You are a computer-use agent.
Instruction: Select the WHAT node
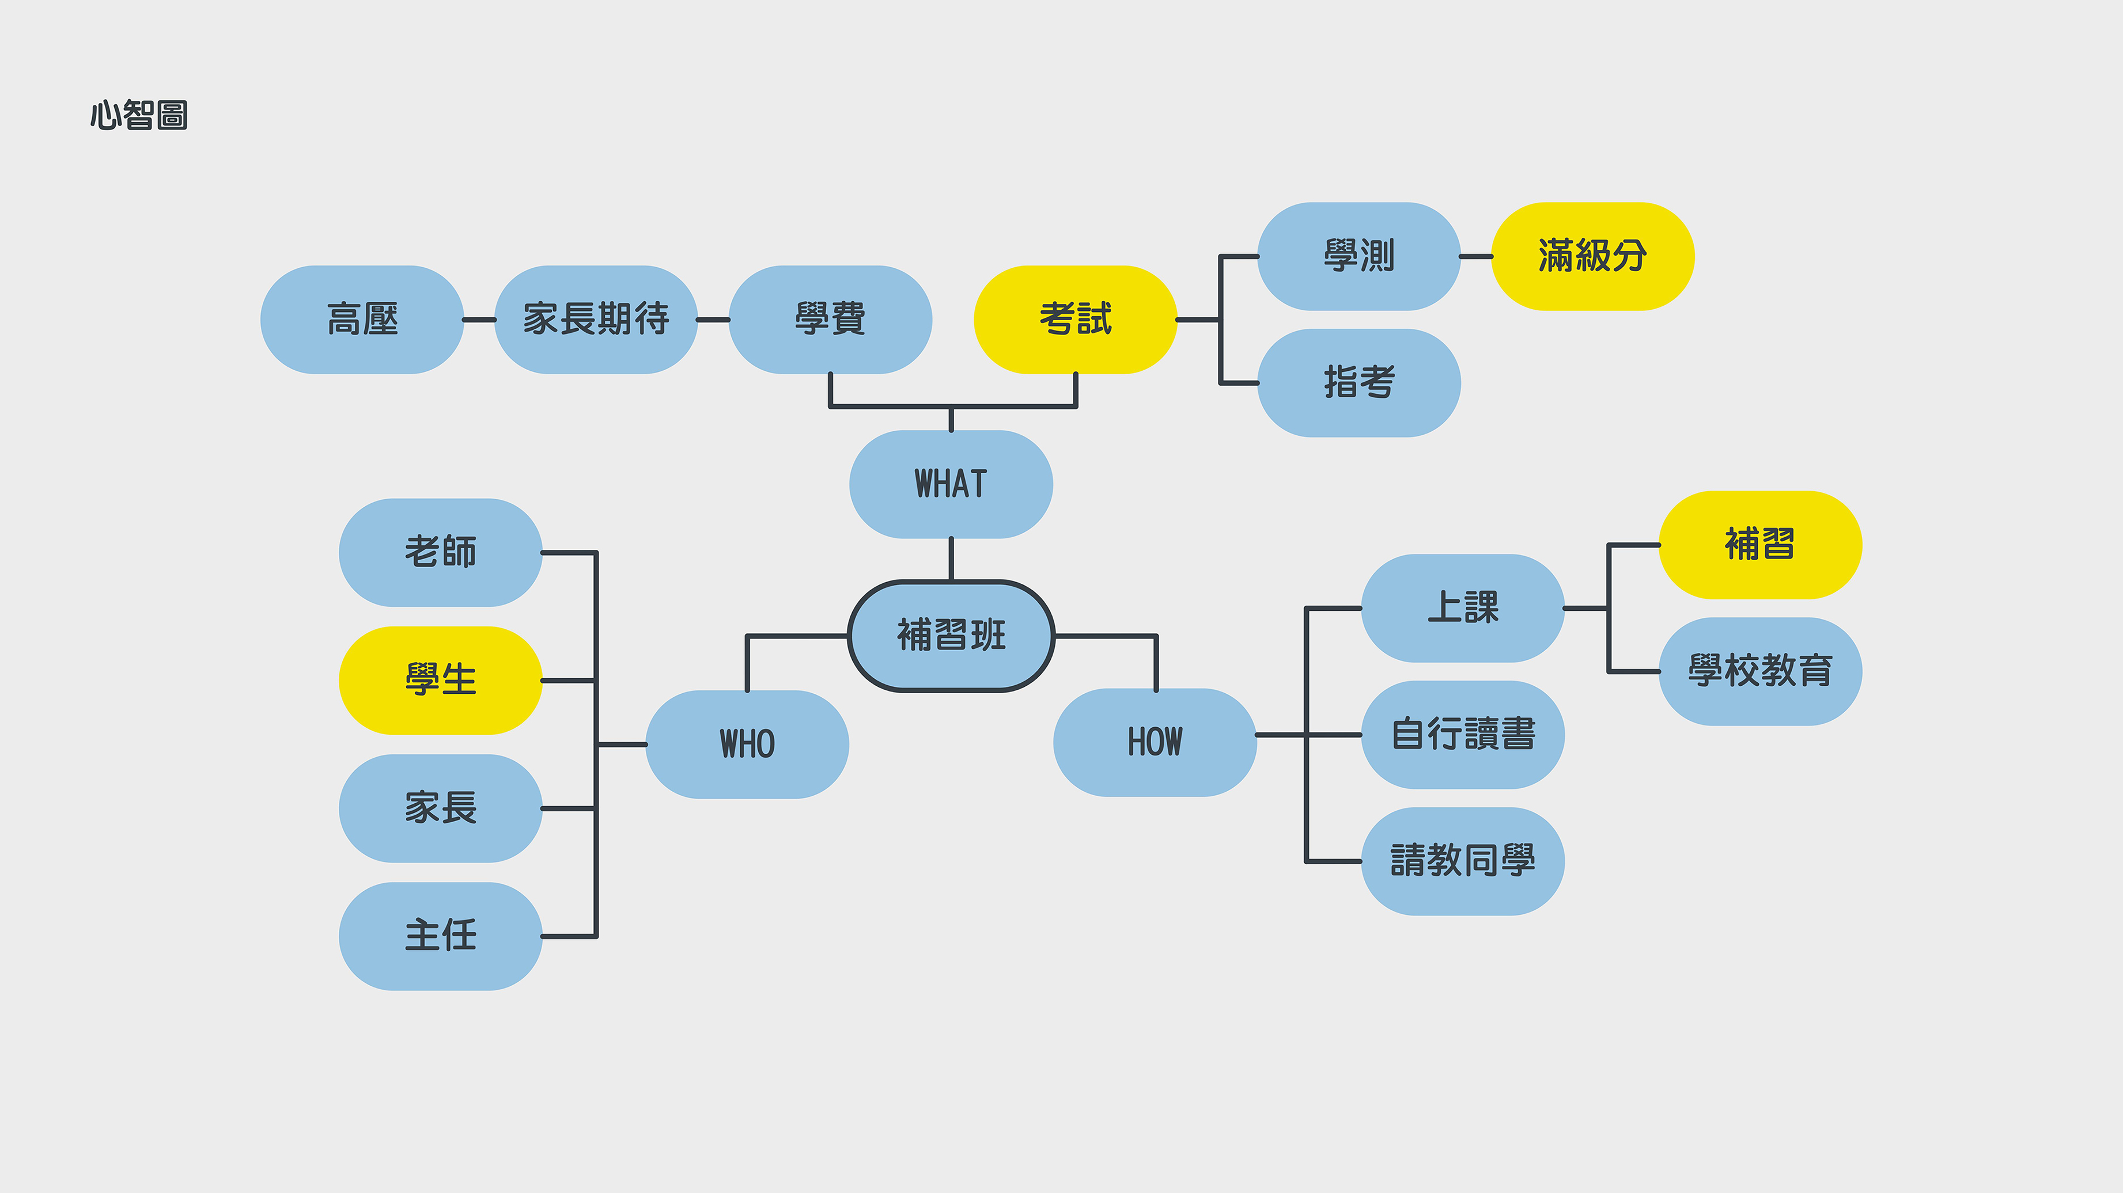[x=951, y=484]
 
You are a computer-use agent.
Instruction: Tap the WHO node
[x=747, y=744]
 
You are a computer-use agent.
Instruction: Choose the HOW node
[x=1155, y=742]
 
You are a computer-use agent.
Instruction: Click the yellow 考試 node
[x=1076, y=320]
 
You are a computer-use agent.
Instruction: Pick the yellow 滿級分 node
[x=1592, y=256]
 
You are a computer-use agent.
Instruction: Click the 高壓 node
[x=362, y=320]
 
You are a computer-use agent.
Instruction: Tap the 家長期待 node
[x=596, y=320]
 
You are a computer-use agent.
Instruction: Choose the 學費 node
[x=830, y=320]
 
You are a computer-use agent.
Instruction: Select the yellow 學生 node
[x=441, y=681]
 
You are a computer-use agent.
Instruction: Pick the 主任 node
[x=441, y=936]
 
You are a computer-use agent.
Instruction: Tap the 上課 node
[x=1463, y=608]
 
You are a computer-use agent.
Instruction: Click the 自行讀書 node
[x=1463, y=735]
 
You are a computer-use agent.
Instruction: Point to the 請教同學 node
[x=1463, y=861]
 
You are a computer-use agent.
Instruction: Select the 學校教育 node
[x=1759, y=671]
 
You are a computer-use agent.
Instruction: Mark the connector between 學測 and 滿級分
[x=1476, y=256]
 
